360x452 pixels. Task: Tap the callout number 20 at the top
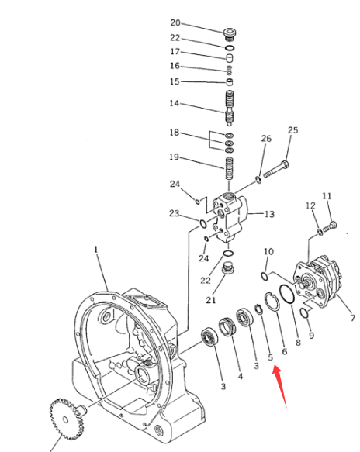click(x=175, y=22)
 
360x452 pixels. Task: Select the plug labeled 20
click(x=230, y=35)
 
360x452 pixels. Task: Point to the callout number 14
click(x=175, y=103)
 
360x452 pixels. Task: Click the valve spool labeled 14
click(x=229, y=108)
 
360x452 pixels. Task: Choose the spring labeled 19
click(x=229, y=168)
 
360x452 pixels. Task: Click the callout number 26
click(x=266, y=139)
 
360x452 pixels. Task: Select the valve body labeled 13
click(x=230, y=218)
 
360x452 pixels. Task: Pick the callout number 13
click(x=269, y=214)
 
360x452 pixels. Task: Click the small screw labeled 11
click(x=330, y=226)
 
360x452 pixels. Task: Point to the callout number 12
click(x=310, y=205)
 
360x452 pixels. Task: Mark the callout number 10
click(x=268, y=251)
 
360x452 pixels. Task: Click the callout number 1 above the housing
click(x=96, y=250)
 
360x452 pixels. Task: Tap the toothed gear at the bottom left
click(x=67, y=419)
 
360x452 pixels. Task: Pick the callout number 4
click(x=241, y=376)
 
